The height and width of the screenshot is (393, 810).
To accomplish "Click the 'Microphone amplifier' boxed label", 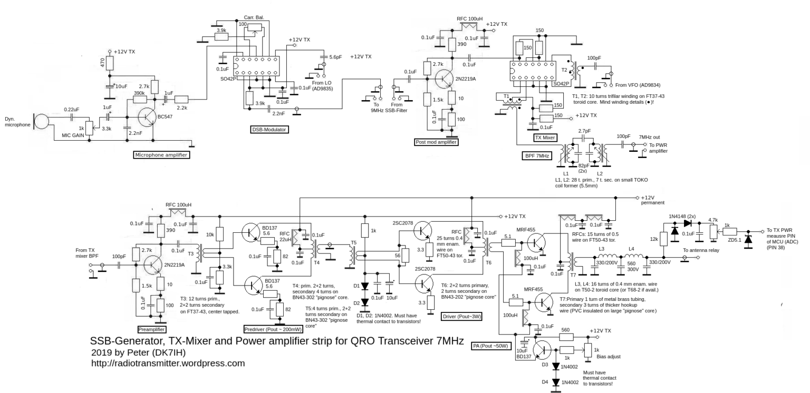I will coord(161,155).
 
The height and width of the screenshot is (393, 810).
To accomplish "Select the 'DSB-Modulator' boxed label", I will coord(269,129).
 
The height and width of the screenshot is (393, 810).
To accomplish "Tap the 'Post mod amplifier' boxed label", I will coord(437,142).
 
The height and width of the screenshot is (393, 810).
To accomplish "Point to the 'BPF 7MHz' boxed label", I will coord(537,155).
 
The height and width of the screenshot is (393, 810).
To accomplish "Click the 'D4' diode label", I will coord(545,381).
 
